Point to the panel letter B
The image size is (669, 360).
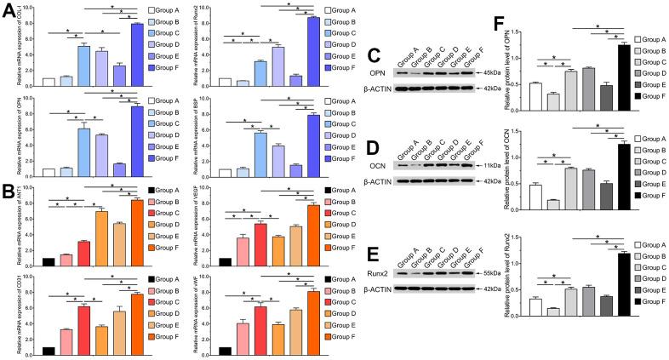pos(9,193)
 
